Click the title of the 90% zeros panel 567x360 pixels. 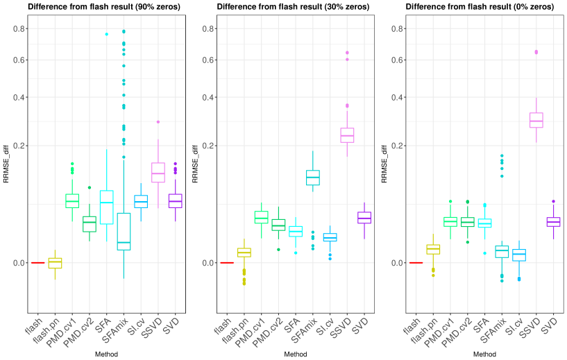[x=104, y=7]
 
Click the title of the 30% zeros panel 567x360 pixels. [x=294, y=7]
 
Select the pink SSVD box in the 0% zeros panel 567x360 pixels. [x=536, y=120]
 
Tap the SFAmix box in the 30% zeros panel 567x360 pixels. [x=312, y=177]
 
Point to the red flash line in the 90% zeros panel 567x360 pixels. [x=37, y=263]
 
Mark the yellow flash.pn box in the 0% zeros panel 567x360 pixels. [x=433, y=249]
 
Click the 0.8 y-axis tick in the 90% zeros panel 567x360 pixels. [x=17, y=28]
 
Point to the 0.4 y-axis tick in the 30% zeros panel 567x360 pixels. [x=205, y=96]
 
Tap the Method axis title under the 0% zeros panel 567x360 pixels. [x=484, y=354]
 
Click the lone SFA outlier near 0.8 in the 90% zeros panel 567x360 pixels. [x=107, y=34]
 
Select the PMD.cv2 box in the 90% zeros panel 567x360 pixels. [x=90, y=224]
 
